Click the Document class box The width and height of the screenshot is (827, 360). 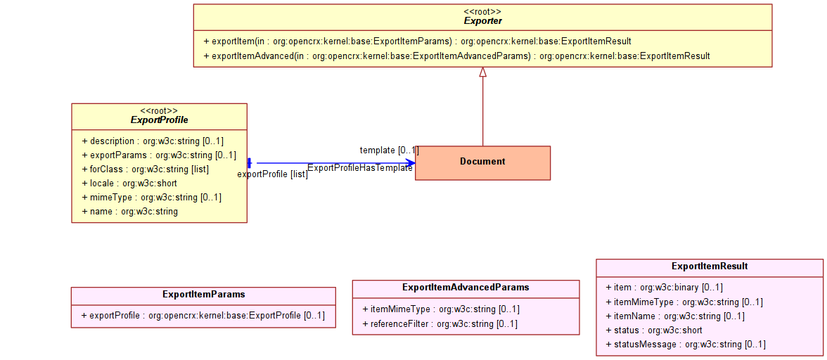[x=482, y=163]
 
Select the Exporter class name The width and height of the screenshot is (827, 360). [x=482, y=21]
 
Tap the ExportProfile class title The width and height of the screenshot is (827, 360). [x=159, y=120]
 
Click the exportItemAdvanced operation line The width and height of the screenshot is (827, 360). [x=456, y=56]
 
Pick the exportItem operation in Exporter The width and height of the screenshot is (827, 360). [x=417, y=41]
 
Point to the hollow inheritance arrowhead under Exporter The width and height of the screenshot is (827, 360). [x=482, y=72]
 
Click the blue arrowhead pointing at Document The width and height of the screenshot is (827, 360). [x=410, y=163]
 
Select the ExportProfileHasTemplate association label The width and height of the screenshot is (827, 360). [x=360, y=168]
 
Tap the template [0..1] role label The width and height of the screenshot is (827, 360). [x=390, y=150]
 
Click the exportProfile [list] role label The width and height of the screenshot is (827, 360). [x=273, y=174]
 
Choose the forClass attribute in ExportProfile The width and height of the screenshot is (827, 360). [x=146, y=169]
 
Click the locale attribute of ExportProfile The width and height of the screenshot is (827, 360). [x=129, y=184]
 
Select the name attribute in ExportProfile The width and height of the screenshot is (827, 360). [x=129, y=212]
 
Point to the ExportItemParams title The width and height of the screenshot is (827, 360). [x=204, y=294]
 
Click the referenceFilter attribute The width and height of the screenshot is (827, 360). [x=440, y=323]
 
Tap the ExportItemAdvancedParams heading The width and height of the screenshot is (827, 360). [x=466, y=288]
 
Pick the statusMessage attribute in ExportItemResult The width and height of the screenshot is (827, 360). [x=686, y=345]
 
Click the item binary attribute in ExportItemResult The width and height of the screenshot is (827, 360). [x=665, y=288]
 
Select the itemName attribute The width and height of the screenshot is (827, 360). [x=675, y=316]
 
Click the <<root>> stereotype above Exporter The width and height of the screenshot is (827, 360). [x=482, y=11]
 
